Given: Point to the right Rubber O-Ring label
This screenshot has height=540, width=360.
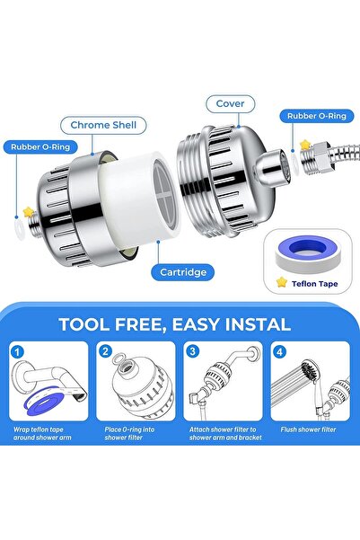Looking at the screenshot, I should point(316,115).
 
